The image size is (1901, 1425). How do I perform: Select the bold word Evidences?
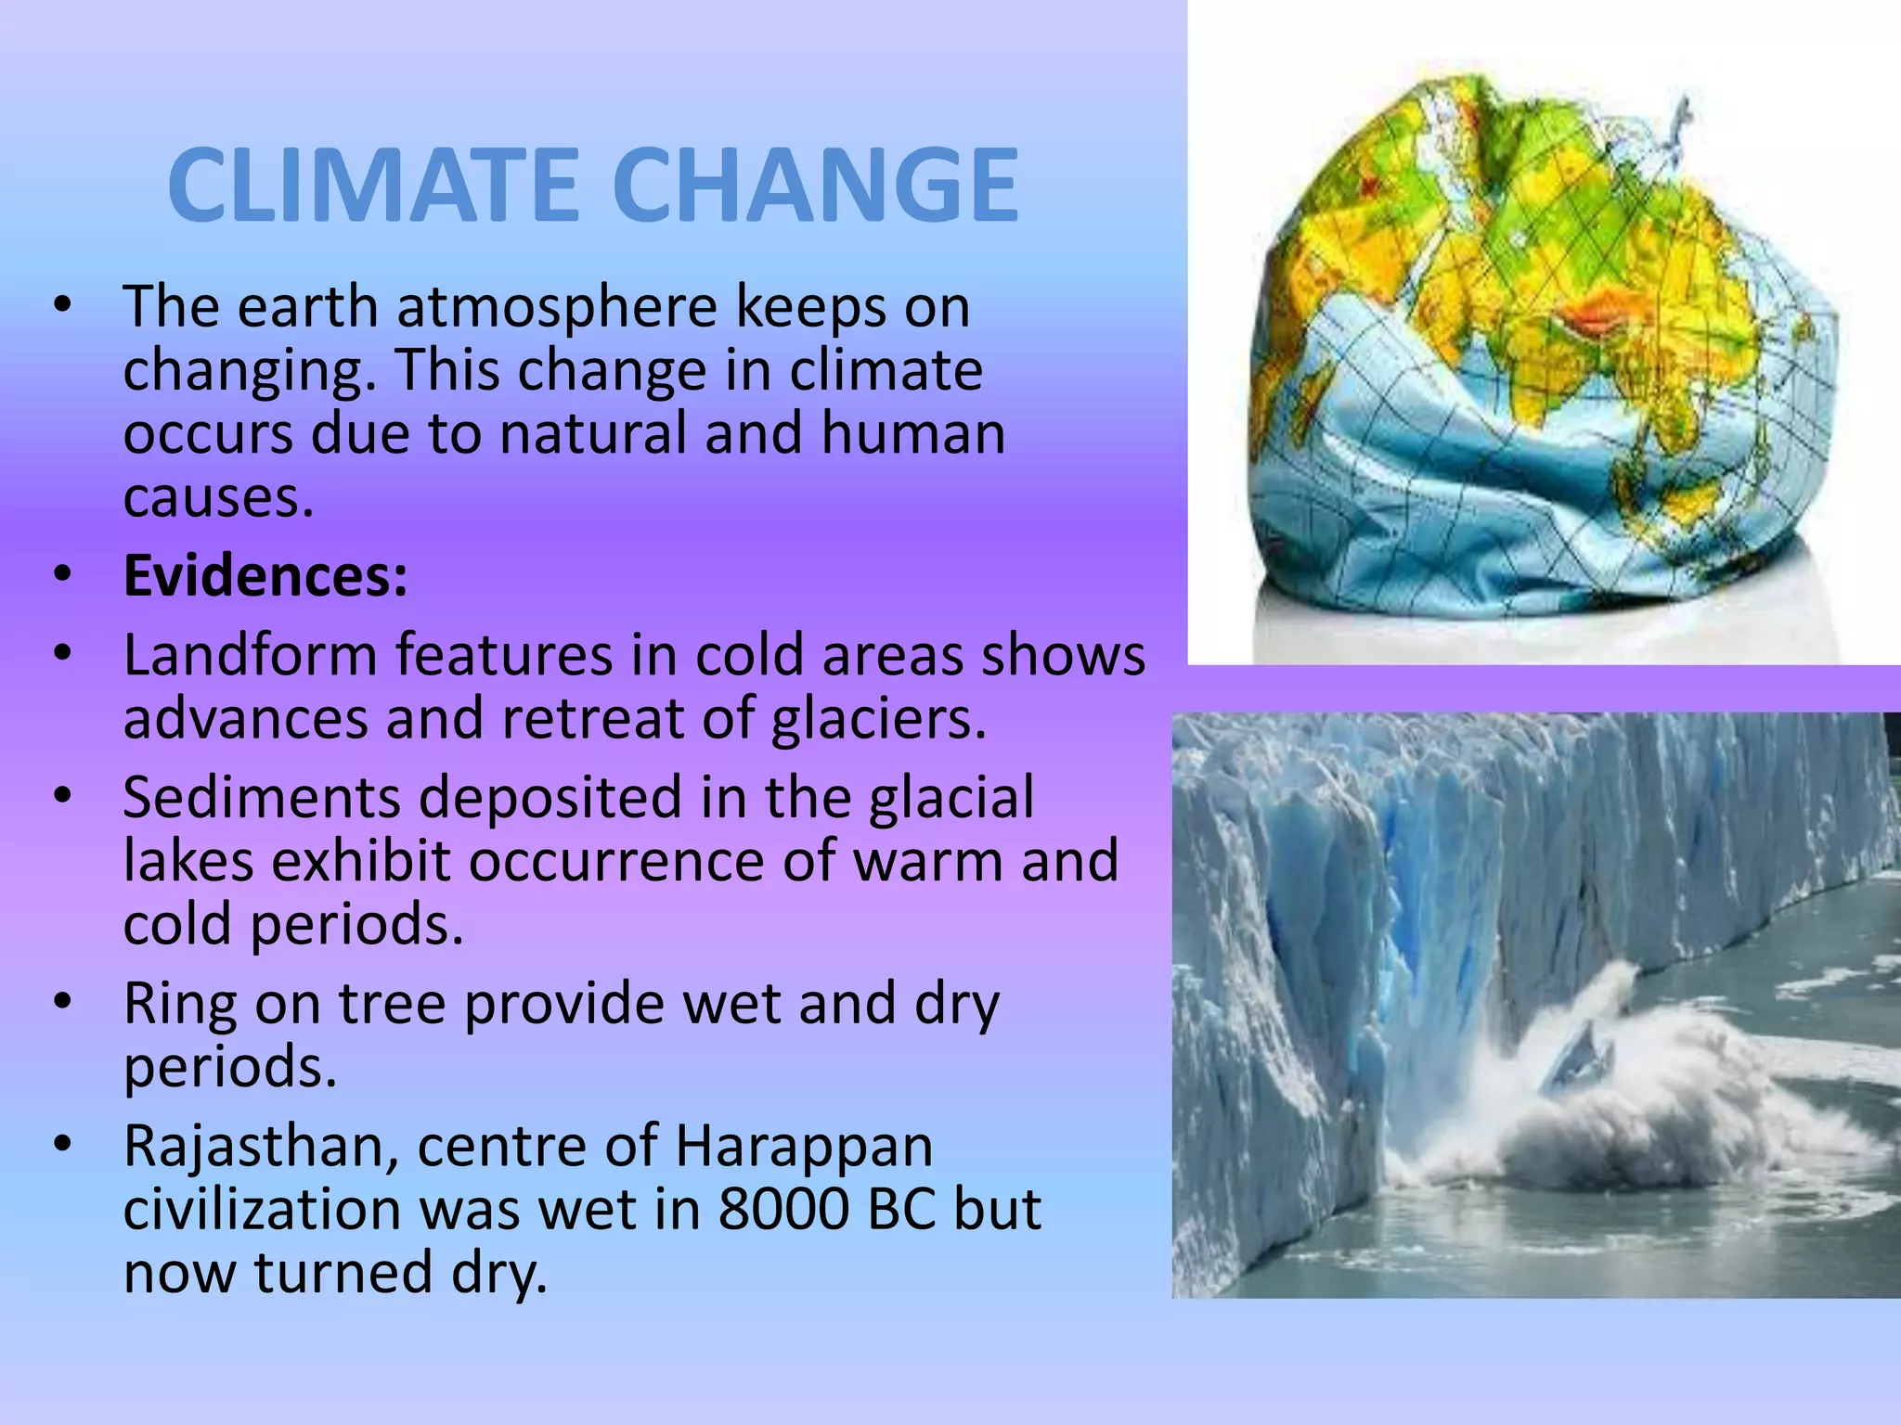tap(265, 576)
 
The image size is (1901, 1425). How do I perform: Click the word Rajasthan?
tap(261, 1147)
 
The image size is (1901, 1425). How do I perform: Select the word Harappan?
tap(804, 1147)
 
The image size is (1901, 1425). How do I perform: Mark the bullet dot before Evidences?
tap(62, 576)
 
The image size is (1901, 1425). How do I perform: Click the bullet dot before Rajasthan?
tap(62, 1147)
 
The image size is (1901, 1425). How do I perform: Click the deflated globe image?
tap(1541, 362)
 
